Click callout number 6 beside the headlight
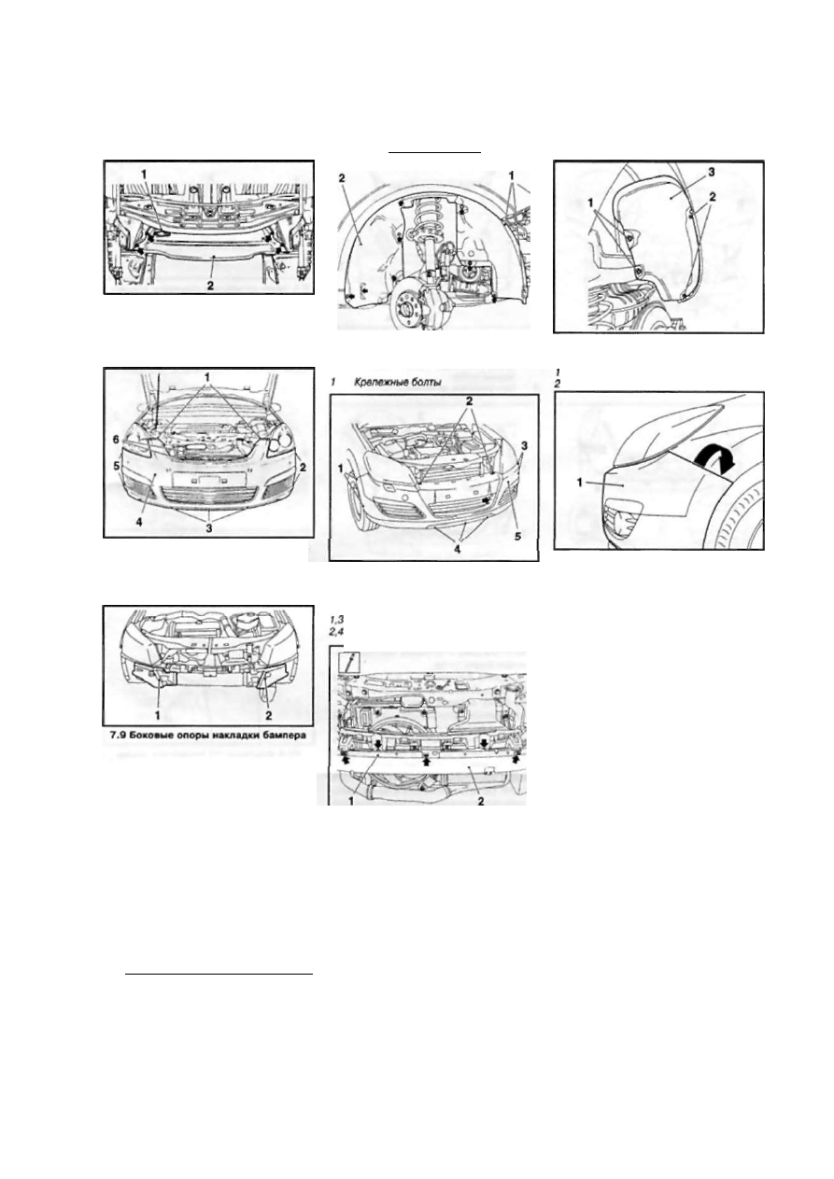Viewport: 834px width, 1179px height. tap(116, 440)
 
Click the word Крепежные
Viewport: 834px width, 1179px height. tap(380, 383)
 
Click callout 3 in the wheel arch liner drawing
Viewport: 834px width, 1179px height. tap(711, 172)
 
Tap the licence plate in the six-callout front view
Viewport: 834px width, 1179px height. tap(208, 479)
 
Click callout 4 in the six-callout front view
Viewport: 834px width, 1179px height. tap(139, 523)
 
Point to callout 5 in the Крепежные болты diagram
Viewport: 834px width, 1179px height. tap(518, 536)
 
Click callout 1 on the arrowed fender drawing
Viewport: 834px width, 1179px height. tap(580, 481)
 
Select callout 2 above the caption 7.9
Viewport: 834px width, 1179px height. tap(269, 715)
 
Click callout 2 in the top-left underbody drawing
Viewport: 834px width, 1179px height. tap(210, 286)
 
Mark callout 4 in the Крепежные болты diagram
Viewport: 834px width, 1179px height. tap(457, 549)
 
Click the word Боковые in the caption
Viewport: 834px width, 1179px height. tap(144, 736)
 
